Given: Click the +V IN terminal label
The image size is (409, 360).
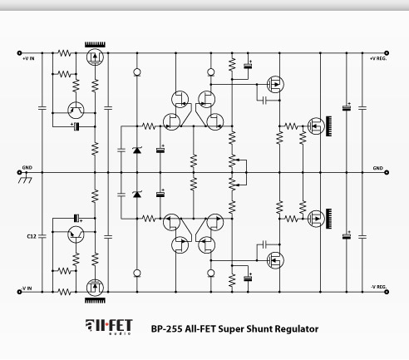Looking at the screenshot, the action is coord(28,58).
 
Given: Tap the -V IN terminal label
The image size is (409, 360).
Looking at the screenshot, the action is coord(27,288).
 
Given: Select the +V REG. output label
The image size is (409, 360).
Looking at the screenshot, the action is coord(378,58).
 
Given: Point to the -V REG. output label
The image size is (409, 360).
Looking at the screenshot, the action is coord(379,287).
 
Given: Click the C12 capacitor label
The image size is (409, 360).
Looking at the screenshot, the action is coord(32,236).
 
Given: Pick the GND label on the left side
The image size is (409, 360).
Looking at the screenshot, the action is coord(27,168).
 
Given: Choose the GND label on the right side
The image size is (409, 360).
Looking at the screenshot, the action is coord(378,168).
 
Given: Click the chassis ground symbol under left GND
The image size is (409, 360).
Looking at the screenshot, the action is coord(25,180).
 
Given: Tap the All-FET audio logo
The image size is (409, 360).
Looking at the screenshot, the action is coord(109,327).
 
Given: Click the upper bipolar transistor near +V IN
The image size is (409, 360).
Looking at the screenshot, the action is coord(76,111).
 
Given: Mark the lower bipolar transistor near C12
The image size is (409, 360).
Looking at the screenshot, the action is coord(76,234).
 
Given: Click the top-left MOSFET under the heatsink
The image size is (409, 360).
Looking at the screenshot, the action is coord(95,57).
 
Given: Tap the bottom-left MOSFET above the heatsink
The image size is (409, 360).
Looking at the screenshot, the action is coord(95,288).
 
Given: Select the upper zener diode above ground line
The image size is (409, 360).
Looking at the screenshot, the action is coord(137,150).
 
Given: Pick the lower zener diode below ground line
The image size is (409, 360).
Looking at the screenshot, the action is coord(137,194).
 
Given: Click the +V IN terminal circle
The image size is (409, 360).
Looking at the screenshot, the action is coord(19,53).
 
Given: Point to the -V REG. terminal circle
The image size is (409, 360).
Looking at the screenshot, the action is coord(387,292).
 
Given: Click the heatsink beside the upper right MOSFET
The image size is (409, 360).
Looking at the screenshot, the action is coord(328,126).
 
